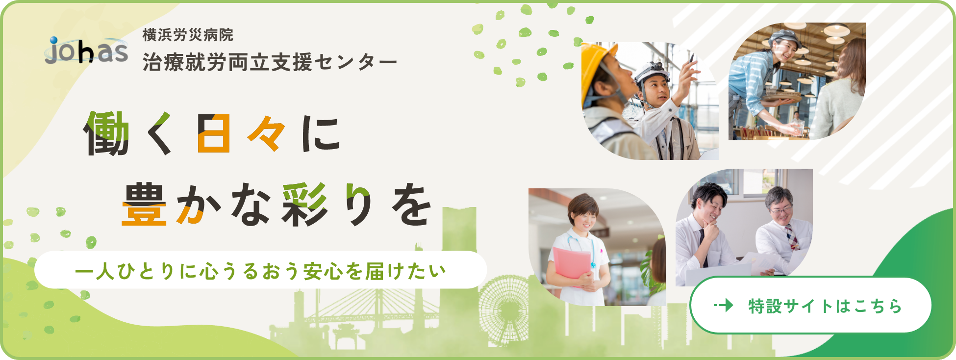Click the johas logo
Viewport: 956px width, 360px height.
pyautogui.click(x=87, y=51)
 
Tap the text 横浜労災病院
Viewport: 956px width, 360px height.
pyautogui.click(x=188, y=35)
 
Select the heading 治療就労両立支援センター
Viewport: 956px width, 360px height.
pyautogui.click(x=270, y=63)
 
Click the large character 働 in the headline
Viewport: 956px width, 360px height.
pyautogui.click(x=106, y=133)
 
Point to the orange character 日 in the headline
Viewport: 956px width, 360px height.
pyautogui.click(x=214, y=133)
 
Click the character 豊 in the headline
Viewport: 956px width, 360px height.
pyautogui.click(x=144, y=205)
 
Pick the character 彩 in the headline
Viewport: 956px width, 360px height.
pyautogui.click(x=304, y=205)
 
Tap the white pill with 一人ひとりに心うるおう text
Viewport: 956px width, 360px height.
pyautogui.click(x=261, y=270)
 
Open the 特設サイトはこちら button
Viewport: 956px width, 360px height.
pyautogui.click(x=810, y=305)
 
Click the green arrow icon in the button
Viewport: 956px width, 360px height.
pyautogui.click(x=724, y=306)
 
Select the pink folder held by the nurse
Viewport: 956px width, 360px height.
pyautogui.click(x=572, y=263)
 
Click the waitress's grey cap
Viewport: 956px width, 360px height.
pyautogui.click(x=784, y=36)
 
